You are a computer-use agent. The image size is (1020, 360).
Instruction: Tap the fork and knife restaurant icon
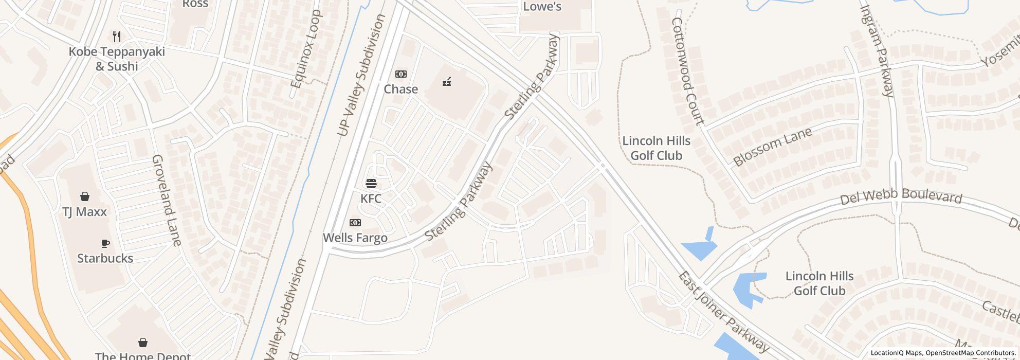117,37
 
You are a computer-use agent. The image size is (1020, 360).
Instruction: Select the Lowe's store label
542,7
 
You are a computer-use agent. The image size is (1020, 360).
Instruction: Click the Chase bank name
400,89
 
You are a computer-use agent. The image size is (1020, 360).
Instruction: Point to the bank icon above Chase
400,74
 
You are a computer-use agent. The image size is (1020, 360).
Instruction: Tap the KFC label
371,199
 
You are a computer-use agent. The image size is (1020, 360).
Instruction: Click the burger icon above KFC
371,184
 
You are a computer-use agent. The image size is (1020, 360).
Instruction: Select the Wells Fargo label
355,238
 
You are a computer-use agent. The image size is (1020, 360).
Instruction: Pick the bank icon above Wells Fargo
355,223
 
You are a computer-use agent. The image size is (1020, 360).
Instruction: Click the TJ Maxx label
84,212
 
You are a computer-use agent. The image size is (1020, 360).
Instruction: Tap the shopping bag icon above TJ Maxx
85,196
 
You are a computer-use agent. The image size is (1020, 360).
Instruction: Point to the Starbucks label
105,258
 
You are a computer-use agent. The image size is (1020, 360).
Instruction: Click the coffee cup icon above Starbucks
105,243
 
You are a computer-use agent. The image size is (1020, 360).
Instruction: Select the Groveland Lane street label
167,200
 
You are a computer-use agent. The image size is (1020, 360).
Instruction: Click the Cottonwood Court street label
687,71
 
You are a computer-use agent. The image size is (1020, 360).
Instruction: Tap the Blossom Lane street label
772,147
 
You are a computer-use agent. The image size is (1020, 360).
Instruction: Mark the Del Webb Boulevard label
901,196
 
